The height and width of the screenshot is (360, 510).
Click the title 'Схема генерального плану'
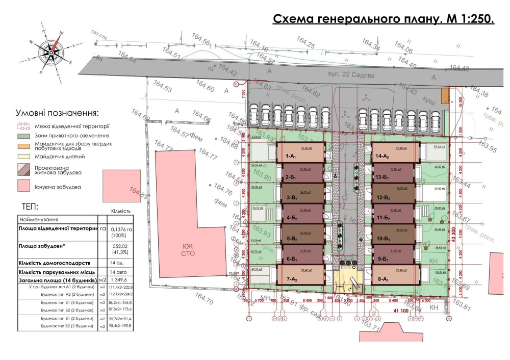pyautogui.click(x=384, y=20)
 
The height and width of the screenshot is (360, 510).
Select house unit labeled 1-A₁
pyautogui.click(x=301, y=152)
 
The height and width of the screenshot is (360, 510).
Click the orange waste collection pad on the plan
pyautogui.click(x=445, y=95)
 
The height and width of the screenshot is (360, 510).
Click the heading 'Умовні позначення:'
pyautogui.click(x=57, y=113)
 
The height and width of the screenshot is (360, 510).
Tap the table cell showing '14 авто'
pyautogui.click(x=118, y=272)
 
